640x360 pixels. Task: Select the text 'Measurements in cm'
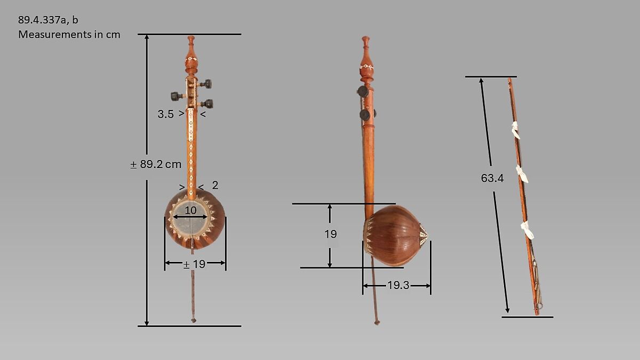pyautogui.click(x=69, y=35)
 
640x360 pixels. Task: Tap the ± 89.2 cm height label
pyautogui.click(x=156, y=164)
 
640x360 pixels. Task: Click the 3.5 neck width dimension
pyautogui.click(x=165, y=114)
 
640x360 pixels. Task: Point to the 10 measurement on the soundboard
pyautogui.click(x=190, y=210)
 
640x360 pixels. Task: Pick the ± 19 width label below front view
pyautogui.click(x=194, y=263)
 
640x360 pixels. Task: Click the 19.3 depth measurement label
pyautogui.click(x=398, y=285)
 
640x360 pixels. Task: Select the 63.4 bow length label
pyautogui.click(x=492, y=178)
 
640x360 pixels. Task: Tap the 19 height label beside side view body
pyautogui.click(x=331, y=234)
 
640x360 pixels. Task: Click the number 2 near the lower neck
pyautogui.click(x=215, y=185)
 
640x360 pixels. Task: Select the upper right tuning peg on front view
pyautogui.click(x=206, y=84)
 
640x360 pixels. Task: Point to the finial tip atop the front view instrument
pyautogui.click(x=191, y=38)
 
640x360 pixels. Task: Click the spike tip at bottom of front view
pyautogui.click(x=194, y=321)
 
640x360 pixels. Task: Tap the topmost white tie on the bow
pyautogui.click(x=516, y=130)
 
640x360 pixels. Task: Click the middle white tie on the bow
pyautogui.click(x=522, y=174)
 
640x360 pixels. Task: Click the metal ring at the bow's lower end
pyautogui.click(x=539, y=306)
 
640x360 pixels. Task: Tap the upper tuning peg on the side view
pyautogui.click(x=363, y=91)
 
